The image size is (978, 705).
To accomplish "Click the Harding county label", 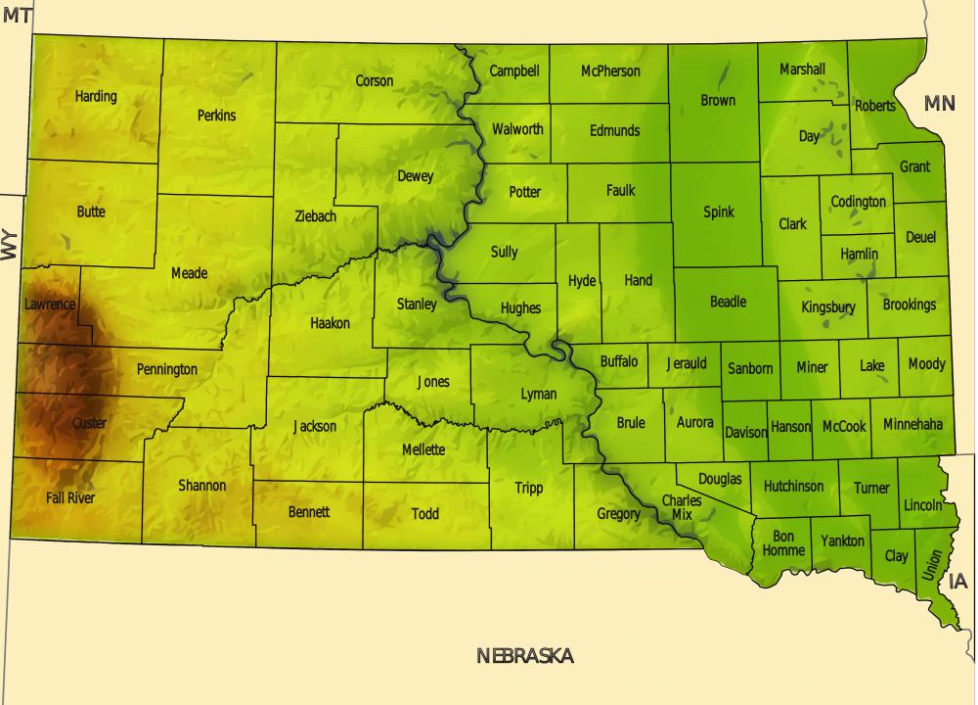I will (96, 96).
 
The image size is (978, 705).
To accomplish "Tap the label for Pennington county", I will (166, 369).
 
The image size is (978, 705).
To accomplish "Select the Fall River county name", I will (70, 497).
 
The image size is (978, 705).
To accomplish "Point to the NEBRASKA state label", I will (524, 656).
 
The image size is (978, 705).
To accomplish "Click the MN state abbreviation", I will (939, 103).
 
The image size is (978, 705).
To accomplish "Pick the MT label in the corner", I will (18, 15).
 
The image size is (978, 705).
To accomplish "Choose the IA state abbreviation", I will (957, 582).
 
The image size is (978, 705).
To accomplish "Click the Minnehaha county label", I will (912, 425).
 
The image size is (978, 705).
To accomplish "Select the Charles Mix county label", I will (681, 507).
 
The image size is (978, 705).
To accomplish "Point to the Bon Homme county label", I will (783, 543).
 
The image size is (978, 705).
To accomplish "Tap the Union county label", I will (932, 565).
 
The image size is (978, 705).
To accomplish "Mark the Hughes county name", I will (520, 307).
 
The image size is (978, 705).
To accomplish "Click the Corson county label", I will (375, 80).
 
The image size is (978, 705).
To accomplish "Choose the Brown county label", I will (718, 100).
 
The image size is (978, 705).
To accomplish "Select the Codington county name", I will (858, 202).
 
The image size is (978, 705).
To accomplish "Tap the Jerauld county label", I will (686, 363).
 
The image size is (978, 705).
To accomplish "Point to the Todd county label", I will (424, 513).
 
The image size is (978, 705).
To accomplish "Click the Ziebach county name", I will (315, 215).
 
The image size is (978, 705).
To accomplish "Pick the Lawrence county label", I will (49, 305).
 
